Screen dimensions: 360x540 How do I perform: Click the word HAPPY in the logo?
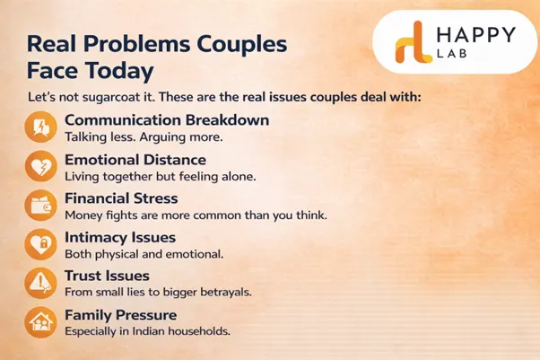[475, 36]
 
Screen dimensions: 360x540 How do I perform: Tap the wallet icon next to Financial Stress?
[40, 206]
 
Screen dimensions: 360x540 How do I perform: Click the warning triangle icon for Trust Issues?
[40, 283]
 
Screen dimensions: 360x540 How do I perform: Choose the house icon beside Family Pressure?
[40, 321]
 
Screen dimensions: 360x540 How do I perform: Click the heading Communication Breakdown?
[167, 120]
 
